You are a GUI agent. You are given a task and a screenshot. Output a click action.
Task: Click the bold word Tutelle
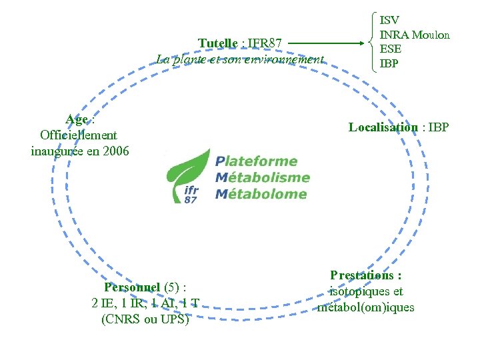(x=217, y=44)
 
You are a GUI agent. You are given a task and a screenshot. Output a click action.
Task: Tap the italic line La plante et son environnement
(x=240, y=59)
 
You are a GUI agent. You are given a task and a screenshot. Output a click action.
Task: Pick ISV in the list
(x=389, y=21)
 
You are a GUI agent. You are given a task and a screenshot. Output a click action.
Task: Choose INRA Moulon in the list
(x=414, y=35)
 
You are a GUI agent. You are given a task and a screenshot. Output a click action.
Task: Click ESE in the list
(x=390, y=49)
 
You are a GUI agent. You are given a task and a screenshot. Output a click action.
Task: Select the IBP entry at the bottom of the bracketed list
(x=389, y=63)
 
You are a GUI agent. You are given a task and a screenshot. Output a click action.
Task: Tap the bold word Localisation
(x=383, y=127)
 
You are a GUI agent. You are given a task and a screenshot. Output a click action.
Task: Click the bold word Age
(x=77, y=120)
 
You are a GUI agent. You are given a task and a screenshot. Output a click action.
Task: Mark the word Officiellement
(x=79, y=135)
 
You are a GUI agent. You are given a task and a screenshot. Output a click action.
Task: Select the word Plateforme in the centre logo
(x=256, y=161)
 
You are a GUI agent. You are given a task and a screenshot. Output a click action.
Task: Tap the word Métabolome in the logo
(x=261, y=195)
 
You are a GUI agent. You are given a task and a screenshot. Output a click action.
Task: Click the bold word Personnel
(x=132, y=288)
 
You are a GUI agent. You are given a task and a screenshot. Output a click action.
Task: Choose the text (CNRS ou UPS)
(x=145, y=319)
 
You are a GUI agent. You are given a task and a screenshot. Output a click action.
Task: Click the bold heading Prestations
(x=365, y=275)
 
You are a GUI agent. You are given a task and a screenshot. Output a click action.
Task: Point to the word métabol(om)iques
(x=366, y=307)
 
